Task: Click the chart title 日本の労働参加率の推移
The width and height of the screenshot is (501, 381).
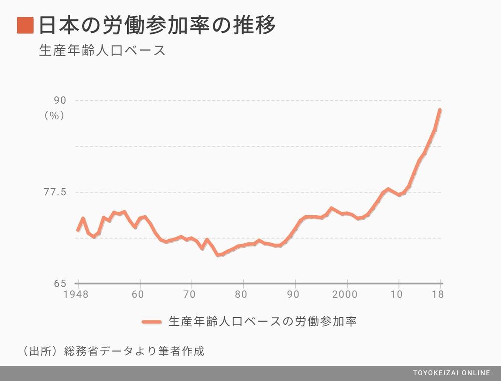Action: (x=157, y=25)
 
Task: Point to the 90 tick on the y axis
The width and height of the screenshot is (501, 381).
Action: (x=60, y=101)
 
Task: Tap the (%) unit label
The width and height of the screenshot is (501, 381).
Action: (x=55, y=116)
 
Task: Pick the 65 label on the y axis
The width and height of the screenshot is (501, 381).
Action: (x=60, y=283)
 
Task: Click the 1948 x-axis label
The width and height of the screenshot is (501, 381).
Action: (x=76, y=294)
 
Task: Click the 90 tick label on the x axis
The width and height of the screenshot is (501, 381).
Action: (x=295, y=294)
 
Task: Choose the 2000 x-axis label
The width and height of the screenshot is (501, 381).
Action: (x=346, y=294)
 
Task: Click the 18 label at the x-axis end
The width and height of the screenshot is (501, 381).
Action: (x=438, y=294)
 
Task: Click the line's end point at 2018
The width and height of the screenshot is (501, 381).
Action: (x=440, y=110)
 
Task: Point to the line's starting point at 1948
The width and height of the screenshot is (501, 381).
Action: (x=78, y=230)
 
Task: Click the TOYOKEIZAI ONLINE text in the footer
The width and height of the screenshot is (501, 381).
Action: (x=451, y=373)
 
